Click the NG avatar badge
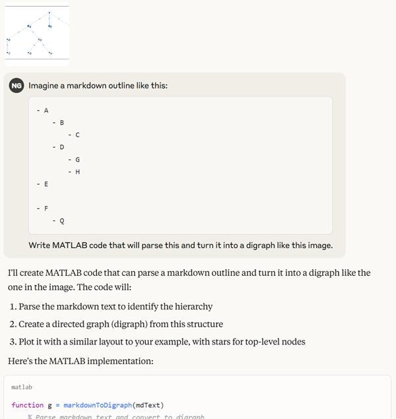point(16,85)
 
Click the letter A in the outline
point(46,110)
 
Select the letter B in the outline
point(62,123)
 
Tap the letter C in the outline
point(77,135)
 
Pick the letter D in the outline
point(62,147)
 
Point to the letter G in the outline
point(77,160)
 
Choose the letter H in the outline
point(77,172)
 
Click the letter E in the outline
point(46,184)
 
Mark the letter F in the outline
point(46,209)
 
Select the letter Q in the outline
point(62,221)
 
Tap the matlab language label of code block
point(22,387)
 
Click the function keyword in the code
point(27,405)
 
